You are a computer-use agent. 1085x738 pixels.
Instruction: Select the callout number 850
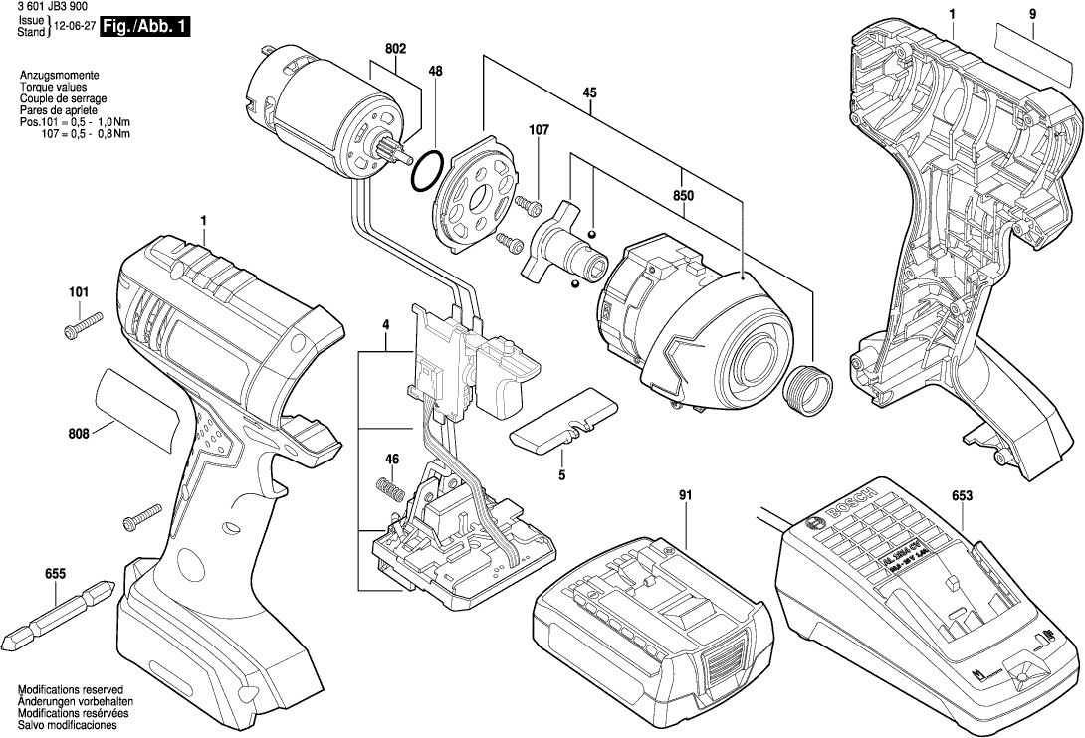point(683,197)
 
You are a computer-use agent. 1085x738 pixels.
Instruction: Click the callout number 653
point(962,495)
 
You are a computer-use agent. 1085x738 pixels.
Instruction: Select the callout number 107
point(539,129)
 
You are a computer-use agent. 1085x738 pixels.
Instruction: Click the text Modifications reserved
point(70,689)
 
